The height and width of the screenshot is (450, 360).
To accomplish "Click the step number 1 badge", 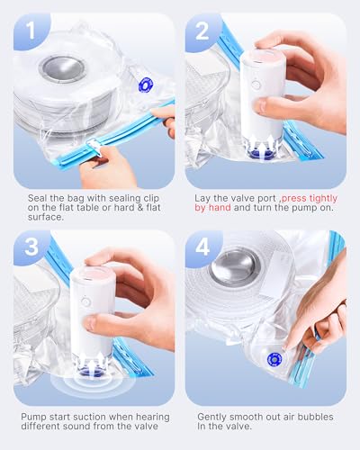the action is [x=30, y=30].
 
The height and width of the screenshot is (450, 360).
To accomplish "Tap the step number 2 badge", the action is [x=202, y=31].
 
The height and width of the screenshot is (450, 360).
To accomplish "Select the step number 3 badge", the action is [x=31, y=247].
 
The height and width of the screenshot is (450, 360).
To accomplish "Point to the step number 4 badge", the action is [x=202, y=247].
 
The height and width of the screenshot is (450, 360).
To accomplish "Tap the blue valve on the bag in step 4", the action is [x=274, y=360].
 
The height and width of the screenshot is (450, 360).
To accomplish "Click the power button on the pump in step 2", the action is [x=256, y=85].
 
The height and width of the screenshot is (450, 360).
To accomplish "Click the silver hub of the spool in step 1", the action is [x=63, y=68].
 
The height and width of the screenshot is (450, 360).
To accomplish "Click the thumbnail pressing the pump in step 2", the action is [x=262, y=105].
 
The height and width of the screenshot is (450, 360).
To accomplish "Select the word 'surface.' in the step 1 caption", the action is [x=46, y=217].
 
